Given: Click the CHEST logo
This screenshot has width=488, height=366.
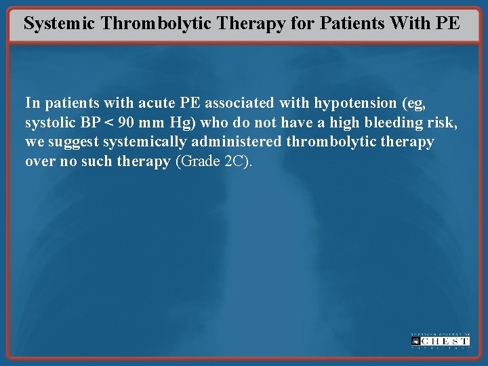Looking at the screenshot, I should [440, 340].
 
